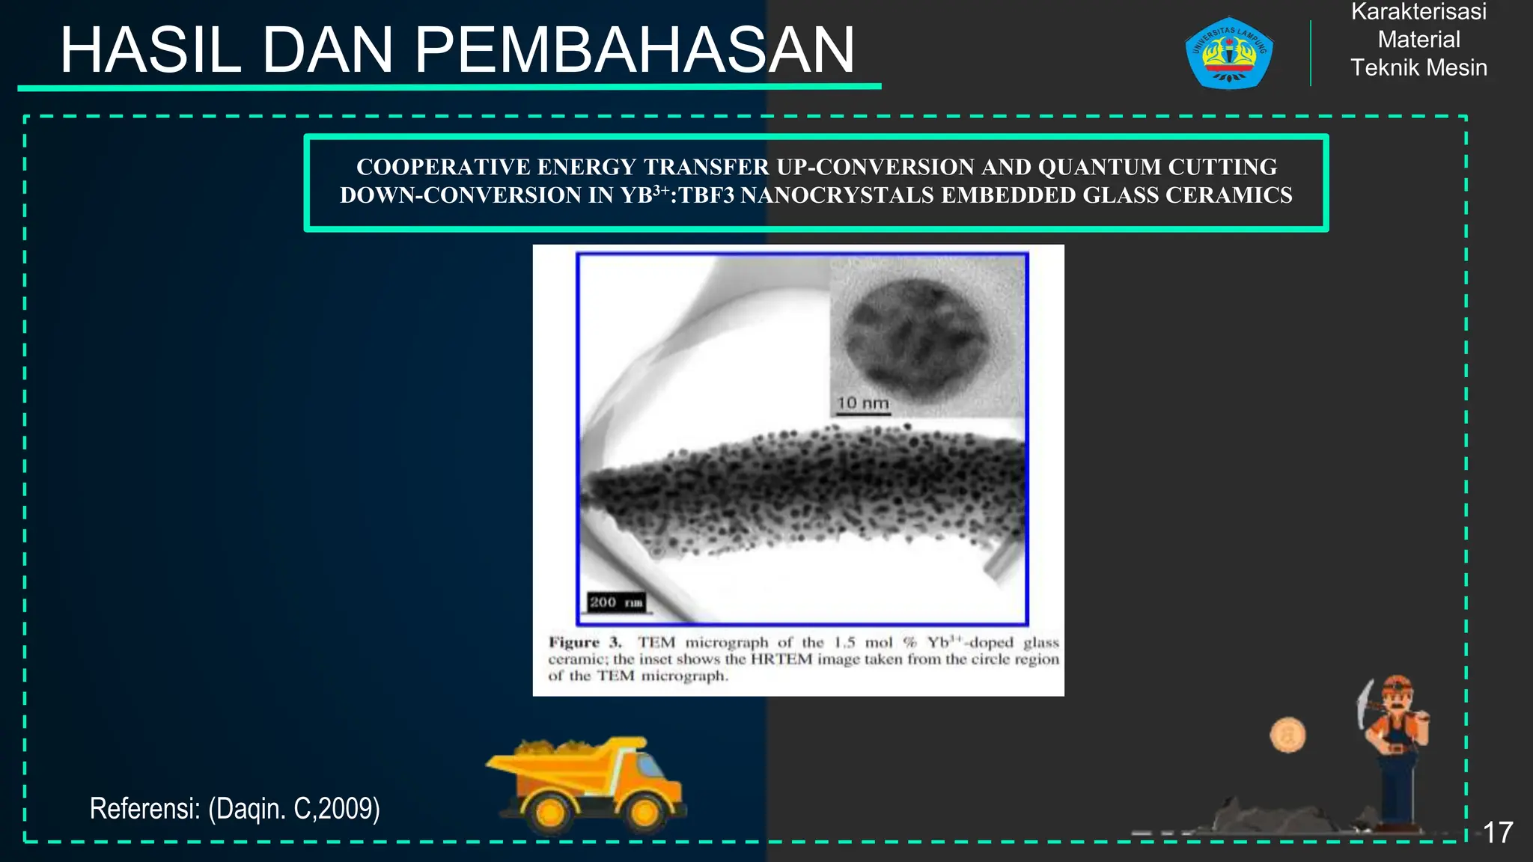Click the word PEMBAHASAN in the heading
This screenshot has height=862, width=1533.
coord(635,51)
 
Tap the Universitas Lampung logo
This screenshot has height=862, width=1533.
coord(1228,53)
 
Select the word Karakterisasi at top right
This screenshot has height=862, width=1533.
coord(1418,12)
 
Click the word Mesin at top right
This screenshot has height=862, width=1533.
coord(1456,67)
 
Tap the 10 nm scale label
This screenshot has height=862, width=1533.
coord(862,403)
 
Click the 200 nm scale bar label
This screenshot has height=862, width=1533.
coord(615,602)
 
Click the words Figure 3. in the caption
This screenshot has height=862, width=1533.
coord(585,642)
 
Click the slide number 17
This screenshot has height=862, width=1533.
coord(1498,833)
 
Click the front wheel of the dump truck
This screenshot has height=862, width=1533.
coord(644,812)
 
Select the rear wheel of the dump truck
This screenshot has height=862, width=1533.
coord(550,812)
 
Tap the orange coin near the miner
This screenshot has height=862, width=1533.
coord(1287,735)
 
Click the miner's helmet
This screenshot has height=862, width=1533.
coord(1397,685)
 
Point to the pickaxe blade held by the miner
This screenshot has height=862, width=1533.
coord(1364,703)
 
